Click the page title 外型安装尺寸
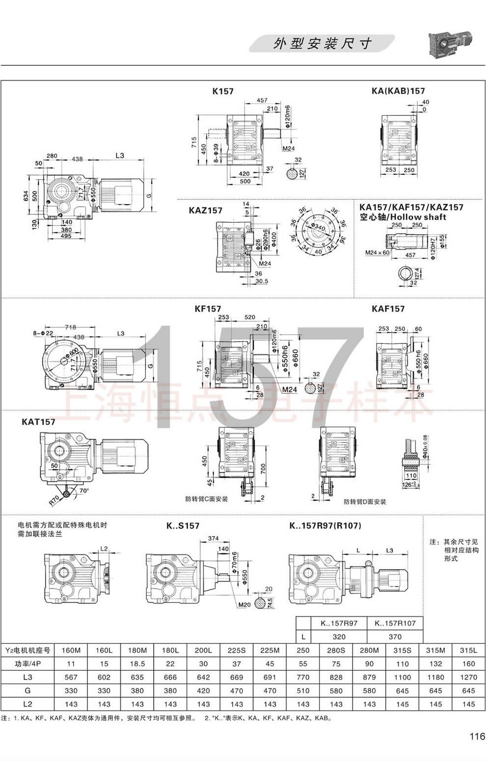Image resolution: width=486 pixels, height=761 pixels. click(x=322, y=44)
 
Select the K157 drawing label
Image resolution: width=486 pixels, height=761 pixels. click(x=223, y=91)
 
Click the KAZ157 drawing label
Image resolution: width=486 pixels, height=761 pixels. click(x=205, y=210)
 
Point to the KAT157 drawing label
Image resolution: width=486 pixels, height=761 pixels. click(x=38, y=422)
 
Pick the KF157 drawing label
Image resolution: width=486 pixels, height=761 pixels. click(x=208, y=309)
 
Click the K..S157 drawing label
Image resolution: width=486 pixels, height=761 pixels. click(x=183, y=526)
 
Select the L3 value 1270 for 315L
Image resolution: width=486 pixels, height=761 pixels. click(x=468, y=677)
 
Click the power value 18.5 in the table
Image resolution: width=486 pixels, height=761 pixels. click(x=137, y=663)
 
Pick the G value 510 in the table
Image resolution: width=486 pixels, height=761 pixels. click(x=303, y=690)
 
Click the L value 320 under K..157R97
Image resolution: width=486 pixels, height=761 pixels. click(x=339, y=636)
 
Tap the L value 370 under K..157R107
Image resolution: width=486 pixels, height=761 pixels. click(x=395, y=636)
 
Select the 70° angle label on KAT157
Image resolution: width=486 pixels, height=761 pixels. click(x=84, y=490)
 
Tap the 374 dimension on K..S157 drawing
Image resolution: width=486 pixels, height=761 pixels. click(x=213, y=538)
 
